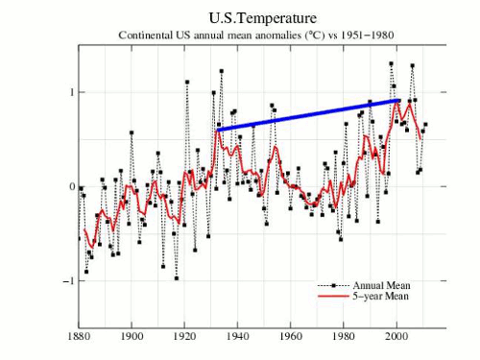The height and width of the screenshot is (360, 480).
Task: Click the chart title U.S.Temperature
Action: (263, 18)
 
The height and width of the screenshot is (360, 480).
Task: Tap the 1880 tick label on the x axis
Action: (79, 336)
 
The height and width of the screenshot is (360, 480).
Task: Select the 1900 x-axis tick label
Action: (132, 336)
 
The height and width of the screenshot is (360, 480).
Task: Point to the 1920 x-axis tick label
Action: (184, 336)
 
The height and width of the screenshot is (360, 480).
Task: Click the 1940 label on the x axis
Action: (238, 336)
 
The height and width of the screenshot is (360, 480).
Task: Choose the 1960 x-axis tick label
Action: (291, 336)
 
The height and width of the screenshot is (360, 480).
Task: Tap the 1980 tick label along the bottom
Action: (344, 336)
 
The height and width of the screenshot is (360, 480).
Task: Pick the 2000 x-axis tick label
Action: (396, 336)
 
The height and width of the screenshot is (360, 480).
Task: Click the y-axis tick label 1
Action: (72, 92)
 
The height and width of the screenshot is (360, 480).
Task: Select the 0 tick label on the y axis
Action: (72, 186)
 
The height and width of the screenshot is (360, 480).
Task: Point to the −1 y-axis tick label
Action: (69, 281)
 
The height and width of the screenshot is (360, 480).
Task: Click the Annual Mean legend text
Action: (381, 285)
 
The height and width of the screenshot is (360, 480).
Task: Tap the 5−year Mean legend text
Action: (381, 296)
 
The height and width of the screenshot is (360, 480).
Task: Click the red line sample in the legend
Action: (334, 296)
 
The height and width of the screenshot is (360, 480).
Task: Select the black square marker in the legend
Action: (334, 285)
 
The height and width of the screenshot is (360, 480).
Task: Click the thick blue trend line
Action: (308, 115)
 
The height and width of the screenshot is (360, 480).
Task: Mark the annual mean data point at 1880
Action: (79, 239)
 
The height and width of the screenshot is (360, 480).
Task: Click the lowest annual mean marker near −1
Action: (177, 278)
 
